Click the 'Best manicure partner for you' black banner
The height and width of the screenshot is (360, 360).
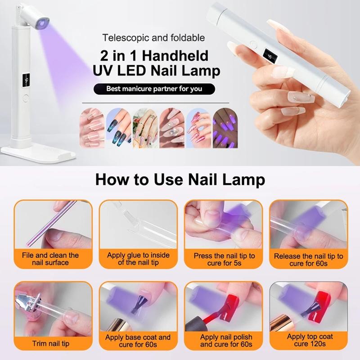154,89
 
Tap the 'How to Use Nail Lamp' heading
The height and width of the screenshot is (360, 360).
180,179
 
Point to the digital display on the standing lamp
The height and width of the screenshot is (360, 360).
27,81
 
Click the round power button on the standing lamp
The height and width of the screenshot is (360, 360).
26,98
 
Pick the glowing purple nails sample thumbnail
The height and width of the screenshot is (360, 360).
225,128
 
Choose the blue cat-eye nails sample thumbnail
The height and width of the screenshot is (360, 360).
119,128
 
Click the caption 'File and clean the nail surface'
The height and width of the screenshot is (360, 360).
50,259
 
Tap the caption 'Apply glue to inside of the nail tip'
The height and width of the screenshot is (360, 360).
138,259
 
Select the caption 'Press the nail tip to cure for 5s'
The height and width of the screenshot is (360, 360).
224,259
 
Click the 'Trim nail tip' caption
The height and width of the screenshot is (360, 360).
51,343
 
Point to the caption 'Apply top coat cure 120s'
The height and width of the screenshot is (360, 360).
310,340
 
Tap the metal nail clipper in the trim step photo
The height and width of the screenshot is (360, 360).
28,301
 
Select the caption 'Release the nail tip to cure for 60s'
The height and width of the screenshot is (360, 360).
308,260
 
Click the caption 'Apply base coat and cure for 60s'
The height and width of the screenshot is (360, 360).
138,341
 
